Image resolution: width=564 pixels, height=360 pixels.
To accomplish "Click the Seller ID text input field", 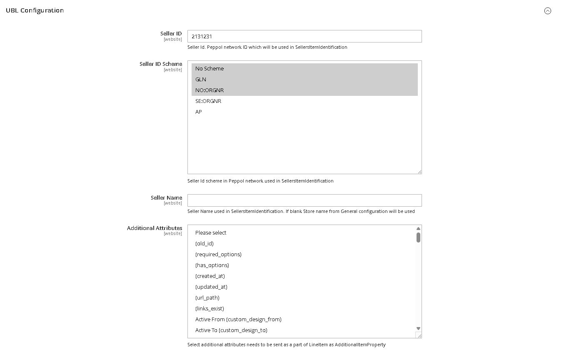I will [304, 36].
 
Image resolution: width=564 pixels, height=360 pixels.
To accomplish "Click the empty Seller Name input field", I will [304, 200].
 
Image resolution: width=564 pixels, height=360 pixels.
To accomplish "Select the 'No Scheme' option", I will [210, 69].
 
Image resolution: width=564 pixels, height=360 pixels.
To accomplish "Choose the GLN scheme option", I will [201, 80].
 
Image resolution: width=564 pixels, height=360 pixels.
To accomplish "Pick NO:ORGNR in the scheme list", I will [210, 90].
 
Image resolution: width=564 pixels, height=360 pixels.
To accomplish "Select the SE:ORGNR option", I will [208, 101].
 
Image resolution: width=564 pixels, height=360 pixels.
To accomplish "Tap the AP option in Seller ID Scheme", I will [199, 112].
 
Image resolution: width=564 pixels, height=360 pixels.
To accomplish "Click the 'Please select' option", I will [211, 233].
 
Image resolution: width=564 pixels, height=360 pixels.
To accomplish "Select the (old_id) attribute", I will [205, 244].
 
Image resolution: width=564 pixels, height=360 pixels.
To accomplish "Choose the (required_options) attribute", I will [218, 255].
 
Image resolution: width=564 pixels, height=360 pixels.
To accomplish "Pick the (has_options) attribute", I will [212, 265].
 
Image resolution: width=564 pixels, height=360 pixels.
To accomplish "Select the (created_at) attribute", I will [210, 276].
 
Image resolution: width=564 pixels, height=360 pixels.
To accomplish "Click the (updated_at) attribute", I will [211, 287].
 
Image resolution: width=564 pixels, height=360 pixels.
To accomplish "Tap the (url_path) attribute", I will [207, 298].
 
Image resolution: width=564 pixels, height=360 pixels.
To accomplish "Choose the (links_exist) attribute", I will [210, 309].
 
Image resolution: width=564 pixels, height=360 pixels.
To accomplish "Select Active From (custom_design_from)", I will [238, 320].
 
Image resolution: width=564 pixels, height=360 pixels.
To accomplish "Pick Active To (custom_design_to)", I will [231, 330].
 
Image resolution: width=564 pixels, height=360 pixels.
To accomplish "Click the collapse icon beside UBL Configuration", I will [548, 11].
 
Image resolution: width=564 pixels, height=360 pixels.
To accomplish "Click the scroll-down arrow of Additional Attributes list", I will [418, 329].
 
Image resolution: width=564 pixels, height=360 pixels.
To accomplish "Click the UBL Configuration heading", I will [35, 10].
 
